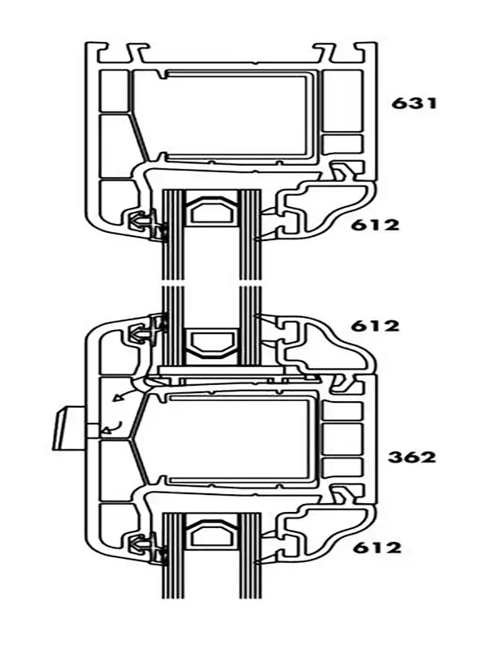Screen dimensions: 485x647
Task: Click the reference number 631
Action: click(x=414, y=103)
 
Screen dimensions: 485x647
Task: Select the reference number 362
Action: click(x=412, y=457)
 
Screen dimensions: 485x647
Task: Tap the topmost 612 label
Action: click(x=375, y=225)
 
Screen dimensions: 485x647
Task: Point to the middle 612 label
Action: click(x=375, y=326)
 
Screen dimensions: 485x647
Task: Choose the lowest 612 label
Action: click(x=377, y=548)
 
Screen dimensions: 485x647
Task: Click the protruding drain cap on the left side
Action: click(x=70, y=428)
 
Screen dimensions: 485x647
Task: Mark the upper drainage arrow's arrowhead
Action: click(x=118, y=398)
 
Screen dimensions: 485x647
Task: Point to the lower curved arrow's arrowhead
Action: click(x=107, y=431)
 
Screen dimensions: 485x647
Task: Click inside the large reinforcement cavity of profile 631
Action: click(x=235, y=116)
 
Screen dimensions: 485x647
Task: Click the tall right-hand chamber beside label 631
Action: click(x=342, y=100)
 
